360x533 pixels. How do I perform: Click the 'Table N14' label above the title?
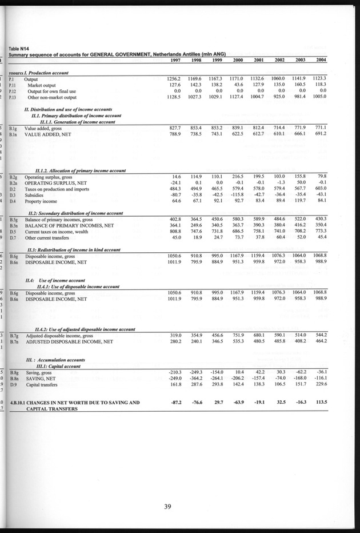19,48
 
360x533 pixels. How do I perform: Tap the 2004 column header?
321,60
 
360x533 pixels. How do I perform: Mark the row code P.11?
14,84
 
